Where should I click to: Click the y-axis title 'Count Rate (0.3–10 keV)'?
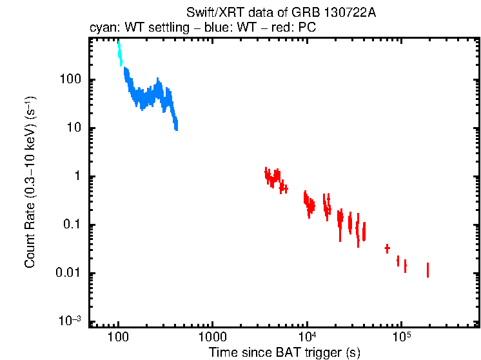coord(30,183)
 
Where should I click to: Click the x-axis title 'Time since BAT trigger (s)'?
coord(284,352)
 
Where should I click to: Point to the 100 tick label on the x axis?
coord(119,338)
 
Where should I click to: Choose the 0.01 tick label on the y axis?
coord(68,273)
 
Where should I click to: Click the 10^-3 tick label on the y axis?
coord(70,321)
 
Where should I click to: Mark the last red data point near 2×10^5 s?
coord(427,270)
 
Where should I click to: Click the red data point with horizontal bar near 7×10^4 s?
coord(387,248)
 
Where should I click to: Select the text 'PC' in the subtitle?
coord(306,29)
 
